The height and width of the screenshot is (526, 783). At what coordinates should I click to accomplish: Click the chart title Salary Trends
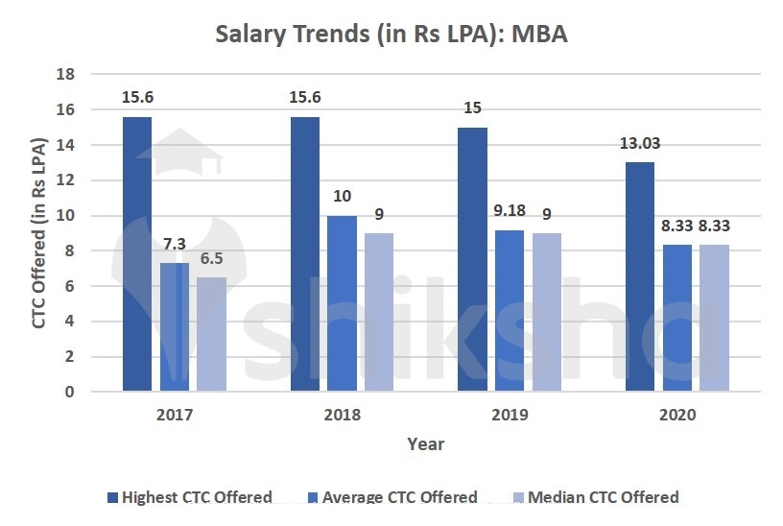(391, 35)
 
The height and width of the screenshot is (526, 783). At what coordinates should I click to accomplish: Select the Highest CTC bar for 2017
(137, 254)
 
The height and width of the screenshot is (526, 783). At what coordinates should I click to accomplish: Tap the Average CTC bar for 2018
(342, 303)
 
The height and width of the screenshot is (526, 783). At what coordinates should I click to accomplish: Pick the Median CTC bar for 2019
(547, 312)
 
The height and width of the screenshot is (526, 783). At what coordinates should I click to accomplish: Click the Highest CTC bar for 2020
(640, 276)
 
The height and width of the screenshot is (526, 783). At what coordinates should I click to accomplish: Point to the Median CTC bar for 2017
(212, 334)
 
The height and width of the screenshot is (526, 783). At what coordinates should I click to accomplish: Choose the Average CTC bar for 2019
(510, 310)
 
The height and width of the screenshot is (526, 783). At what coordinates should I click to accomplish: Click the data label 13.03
(640, 144)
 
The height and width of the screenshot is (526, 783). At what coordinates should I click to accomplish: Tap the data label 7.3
(175, 245)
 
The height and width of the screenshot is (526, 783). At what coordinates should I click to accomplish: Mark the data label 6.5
(212, 259)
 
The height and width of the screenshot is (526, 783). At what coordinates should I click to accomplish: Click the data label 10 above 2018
(342, 197)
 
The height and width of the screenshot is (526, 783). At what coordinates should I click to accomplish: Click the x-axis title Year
(425, 443)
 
